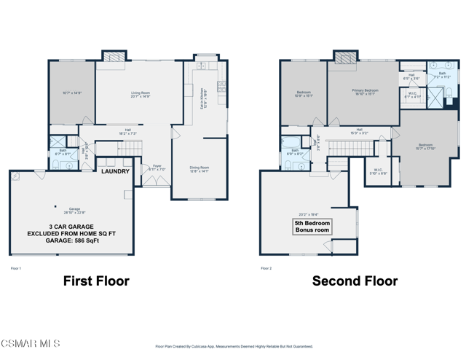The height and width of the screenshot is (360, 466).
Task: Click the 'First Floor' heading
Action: [96, 281]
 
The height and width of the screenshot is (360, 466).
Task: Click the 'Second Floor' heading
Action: [355, 281]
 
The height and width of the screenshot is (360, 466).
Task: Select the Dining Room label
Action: [199, 170]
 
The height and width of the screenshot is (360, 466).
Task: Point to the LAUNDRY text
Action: [115, 171]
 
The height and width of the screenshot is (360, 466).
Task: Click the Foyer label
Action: [157, 168]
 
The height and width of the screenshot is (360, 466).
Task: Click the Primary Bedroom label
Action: [366, 93]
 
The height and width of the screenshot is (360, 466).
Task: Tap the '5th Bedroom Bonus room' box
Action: [312, 227]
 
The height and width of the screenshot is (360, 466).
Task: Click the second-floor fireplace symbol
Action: [344, 57]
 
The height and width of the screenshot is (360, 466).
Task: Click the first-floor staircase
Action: [128, 149]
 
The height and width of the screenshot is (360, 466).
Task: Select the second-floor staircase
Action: [342, 149]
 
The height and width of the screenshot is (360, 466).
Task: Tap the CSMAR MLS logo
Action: [31, 343]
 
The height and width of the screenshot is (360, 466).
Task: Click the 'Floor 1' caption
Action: [16, 268]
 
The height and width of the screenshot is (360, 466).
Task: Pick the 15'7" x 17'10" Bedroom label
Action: [425, 146]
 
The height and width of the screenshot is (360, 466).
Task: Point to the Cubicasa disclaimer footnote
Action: [234, 347]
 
